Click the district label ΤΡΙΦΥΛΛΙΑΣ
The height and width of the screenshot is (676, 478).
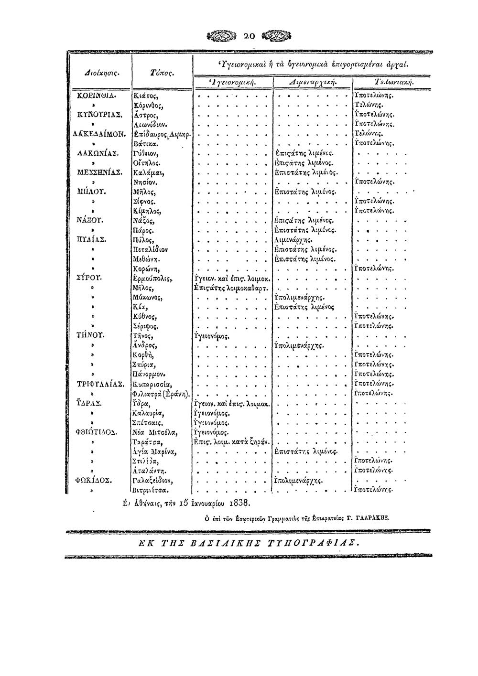(x=101, y=384)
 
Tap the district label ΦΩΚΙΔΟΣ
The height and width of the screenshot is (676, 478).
(x=97, y=480)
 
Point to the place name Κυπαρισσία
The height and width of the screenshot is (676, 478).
(x=152, y=384)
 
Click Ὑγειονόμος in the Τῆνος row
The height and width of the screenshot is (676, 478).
(x=211, y=336)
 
